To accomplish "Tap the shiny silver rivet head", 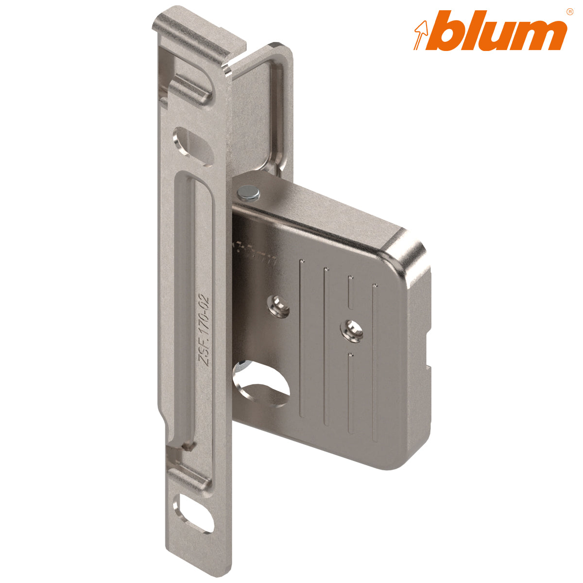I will click(x=249, y=193).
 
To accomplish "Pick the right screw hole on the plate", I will click(x=351, y=329).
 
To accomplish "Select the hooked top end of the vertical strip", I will click(x=194, y=34).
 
